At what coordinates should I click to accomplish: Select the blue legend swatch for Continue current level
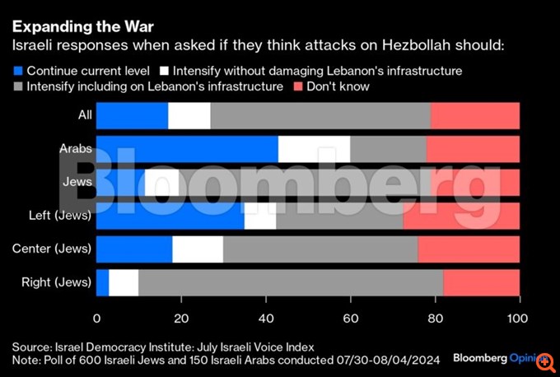(x=18, y=70)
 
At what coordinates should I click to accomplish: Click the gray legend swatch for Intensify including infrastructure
(x=18, y=86)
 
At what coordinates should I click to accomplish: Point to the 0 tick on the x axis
(x=97, y=319)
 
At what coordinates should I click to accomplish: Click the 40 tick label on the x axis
(x=266, y=319)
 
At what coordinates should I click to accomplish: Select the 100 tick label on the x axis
(x=518, y=319)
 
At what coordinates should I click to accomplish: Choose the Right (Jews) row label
(x=55, y=282)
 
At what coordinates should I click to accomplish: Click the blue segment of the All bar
(x=132, y=116)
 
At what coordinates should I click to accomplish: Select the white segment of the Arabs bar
(x=314, y=149)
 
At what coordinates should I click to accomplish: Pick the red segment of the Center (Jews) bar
(x=469, y=249)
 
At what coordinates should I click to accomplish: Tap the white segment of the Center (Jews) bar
(x=198, y=249)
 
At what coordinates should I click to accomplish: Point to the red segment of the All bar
(x=474, y=116)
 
